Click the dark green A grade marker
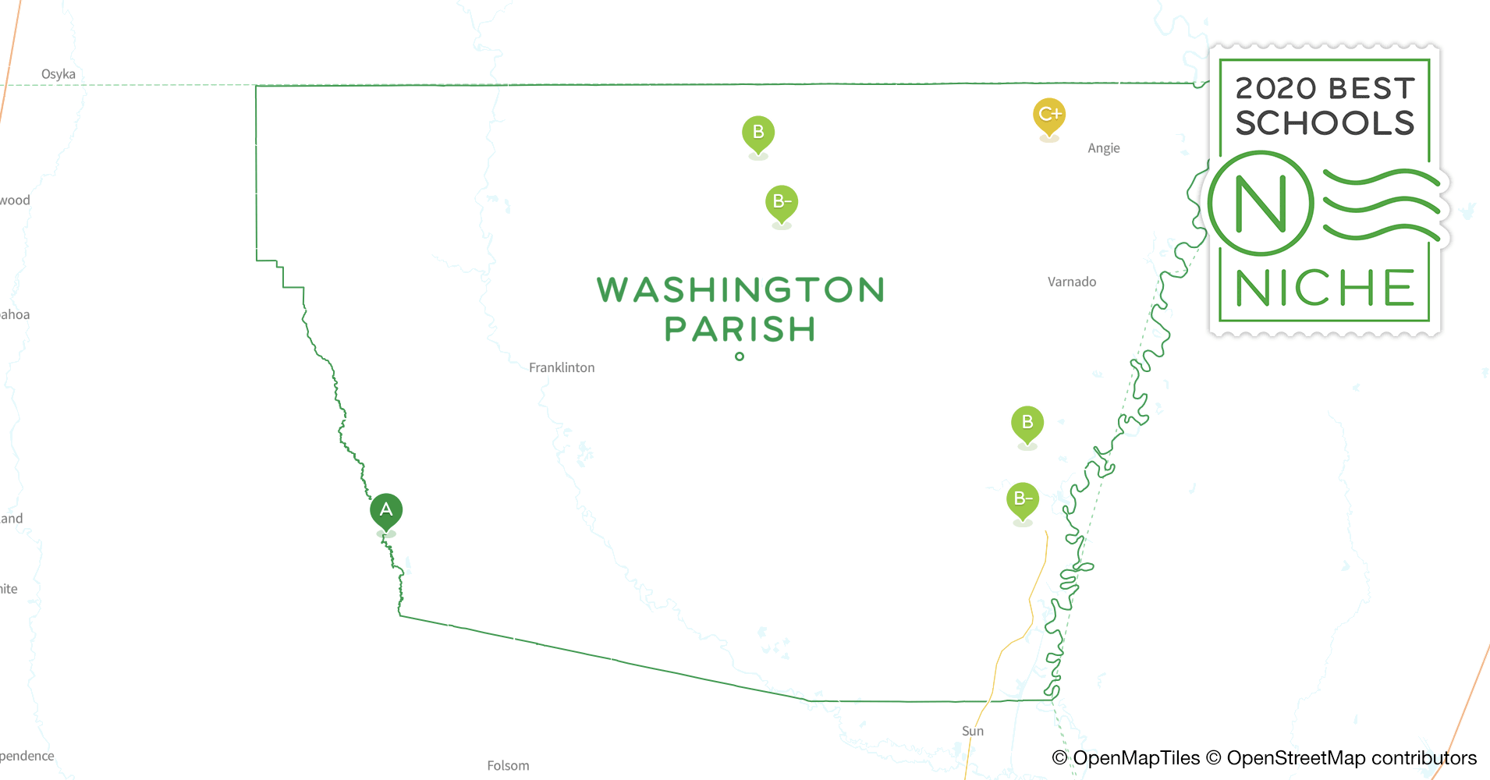point(386,511)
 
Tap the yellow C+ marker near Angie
point(1049,115)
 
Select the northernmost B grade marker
point(758,133)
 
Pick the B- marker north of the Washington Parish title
point(782,203)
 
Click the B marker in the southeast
point(1027,424)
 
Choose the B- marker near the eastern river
point(1023,500)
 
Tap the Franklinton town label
point(562,367)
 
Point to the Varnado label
point(1072,282)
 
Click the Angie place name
point(1103,148)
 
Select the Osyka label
point(59,74)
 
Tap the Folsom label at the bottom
point(508,766)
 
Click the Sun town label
point(973,731)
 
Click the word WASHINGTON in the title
point(740,290)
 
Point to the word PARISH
point(740,329)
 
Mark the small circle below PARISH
point(740,356)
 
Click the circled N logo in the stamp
point(1261,204)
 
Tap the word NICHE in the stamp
point(1325,289)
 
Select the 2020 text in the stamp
point(1276,89)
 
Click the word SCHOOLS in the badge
point(1325,123)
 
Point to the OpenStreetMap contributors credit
point(1351,758)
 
